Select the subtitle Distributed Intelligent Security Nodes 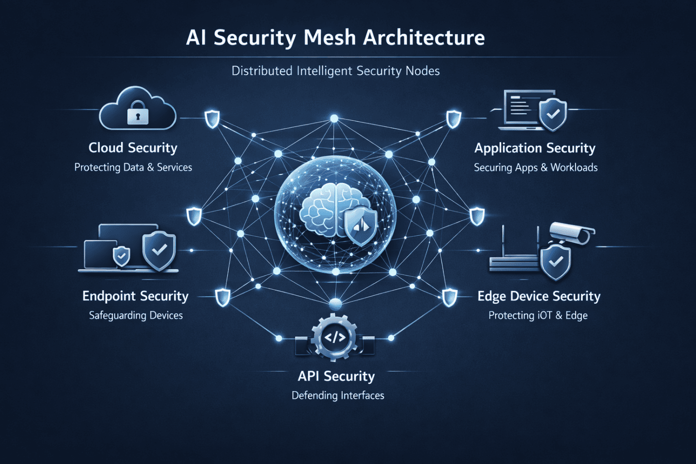click(x=335, y=71)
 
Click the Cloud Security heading click(x=133, y=148)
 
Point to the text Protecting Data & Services click(x=133, y=167)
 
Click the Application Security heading click(x=535, y=148)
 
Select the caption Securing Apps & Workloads click(x=536, y=168)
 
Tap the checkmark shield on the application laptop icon click(x=553, y=115)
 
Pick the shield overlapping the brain click(x=361, y=225)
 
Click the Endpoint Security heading click(x=135, y=296)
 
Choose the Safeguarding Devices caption click(x=136, y=315)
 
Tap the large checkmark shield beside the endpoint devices click(x=159, y=250)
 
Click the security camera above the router click(x=573, y=234)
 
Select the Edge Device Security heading click(x=539, y=296)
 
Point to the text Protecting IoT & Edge click(x=538, y=315)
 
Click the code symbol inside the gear click(x=335, y=337)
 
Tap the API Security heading click(x=336, y=376)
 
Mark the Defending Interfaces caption click(x=338, y=395)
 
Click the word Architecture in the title click(x=424, y=38)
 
